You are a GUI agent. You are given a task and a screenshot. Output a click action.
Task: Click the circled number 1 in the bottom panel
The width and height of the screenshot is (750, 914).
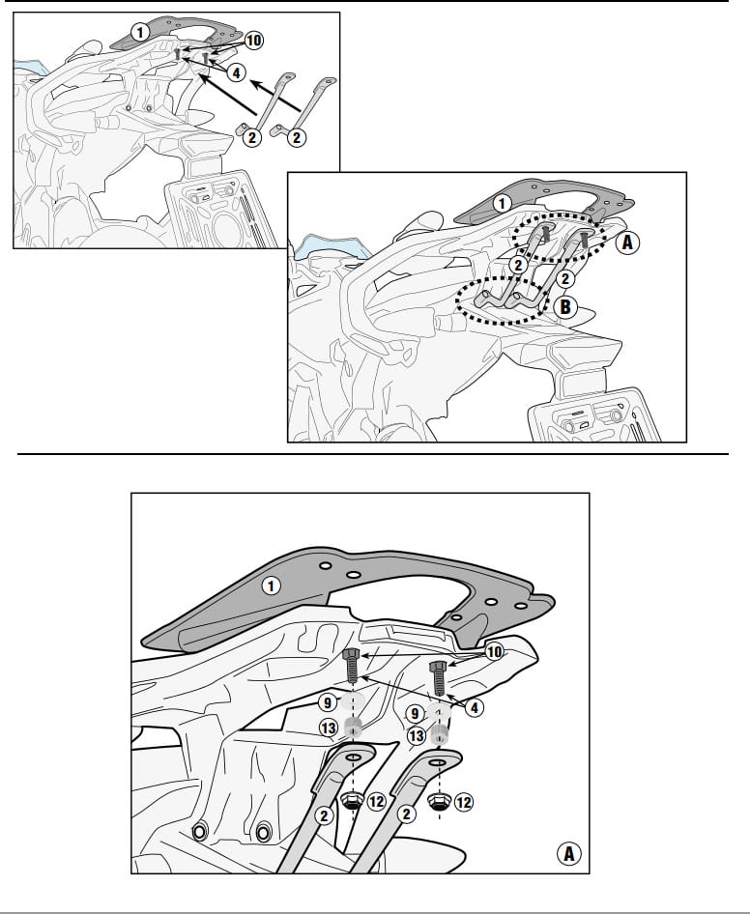270,586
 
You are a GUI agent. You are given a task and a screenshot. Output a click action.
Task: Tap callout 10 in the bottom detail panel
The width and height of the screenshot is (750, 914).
494,652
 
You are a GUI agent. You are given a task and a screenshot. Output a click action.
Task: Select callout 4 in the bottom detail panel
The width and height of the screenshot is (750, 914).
475,707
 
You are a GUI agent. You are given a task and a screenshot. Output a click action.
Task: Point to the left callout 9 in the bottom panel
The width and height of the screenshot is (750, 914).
328,703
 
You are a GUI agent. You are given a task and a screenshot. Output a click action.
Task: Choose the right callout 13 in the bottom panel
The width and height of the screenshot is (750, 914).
416,736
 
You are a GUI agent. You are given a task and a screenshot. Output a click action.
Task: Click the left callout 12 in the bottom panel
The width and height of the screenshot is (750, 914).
376,802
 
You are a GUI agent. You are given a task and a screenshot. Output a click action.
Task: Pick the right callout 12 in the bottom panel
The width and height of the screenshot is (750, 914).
464,803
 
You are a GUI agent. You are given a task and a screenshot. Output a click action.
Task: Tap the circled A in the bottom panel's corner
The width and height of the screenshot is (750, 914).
568,854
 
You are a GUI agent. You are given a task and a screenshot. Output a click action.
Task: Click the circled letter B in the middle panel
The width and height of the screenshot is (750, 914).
564,307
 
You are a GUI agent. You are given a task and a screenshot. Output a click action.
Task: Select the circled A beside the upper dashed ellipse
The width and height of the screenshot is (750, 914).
627,242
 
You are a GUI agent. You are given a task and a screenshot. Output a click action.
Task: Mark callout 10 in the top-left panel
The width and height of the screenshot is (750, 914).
253,41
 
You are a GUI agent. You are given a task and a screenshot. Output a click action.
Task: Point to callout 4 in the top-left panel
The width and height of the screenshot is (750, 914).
236,72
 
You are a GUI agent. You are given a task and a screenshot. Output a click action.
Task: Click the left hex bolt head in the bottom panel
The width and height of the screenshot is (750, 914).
351,653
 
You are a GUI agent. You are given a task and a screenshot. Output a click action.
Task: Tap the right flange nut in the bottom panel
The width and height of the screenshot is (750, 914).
438,802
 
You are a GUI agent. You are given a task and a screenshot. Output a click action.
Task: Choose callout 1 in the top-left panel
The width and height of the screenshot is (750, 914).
139,32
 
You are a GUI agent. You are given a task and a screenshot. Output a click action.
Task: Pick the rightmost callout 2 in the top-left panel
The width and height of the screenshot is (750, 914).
297,137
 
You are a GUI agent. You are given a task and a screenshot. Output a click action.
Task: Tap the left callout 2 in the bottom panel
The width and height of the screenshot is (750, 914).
325,815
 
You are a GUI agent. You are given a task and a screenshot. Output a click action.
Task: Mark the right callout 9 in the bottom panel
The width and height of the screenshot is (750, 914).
415,713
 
